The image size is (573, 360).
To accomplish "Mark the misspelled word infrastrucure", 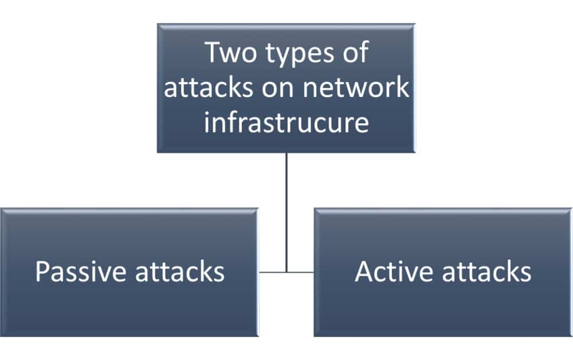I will pos(286,123).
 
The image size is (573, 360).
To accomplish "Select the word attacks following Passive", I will pos(179,272).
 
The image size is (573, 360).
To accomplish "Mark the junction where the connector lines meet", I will pos(286,272).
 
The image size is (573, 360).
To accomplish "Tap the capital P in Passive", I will pos(41,272).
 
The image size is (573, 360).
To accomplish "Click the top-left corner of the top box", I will pos(159,25).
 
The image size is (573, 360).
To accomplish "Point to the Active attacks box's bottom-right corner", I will pos(571,335).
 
